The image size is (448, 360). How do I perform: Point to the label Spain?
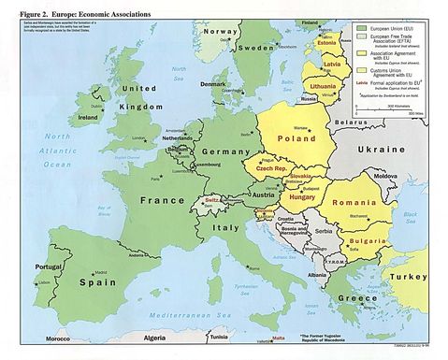(x=70, y=281)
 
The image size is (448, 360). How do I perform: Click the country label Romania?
(x=354, y=203)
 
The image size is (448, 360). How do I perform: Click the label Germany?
(x=222, y=151)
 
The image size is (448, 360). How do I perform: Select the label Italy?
(x=224, y=227)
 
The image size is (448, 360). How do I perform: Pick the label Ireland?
(x=89, y=120)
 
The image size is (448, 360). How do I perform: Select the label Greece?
(x=351, y=298)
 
